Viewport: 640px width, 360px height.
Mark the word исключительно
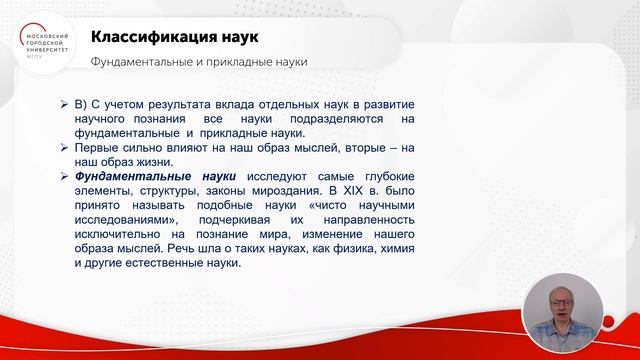(x=121, y=233)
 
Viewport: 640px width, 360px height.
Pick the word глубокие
(x=385, y=175)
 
